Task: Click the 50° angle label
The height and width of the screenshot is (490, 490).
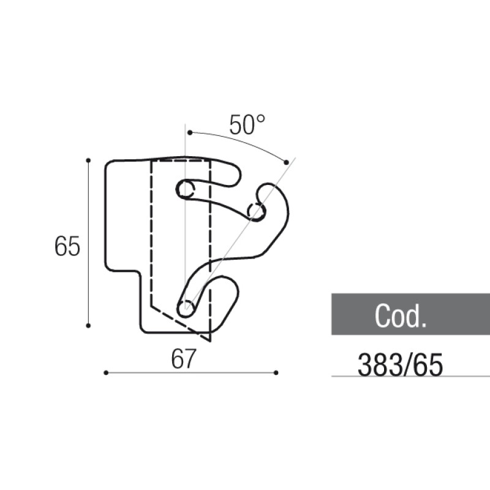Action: [247, 125]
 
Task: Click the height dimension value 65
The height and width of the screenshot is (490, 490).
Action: [67, 247]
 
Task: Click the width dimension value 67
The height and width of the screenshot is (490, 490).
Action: [183, 360]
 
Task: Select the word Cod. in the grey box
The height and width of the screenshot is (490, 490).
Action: [400, 316]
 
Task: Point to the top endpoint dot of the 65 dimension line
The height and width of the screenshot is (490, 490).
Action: [88, 160]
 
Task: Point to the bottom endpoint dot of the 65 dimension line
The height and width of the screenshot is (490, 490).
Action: [88, 325]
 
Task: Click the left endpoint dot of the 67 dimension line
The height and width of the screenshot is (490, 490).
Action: [106, 372]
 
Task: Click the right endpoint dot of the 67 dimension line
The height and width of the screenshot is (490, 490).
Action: [276, 372]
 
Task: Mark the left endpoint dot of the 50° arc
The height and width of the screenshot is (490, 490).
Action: [189, 132]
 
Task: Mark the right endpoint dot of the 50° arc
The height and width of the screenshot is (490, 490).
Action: [287, 161]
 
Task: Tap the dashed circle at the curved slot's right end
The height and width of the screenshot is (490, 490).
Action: [256, 212]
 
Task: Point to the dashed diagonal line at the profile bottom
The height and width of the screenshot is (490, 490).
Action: [181, 322]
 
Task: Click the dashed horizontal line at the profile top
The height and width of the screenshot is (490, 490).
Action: [181, 161]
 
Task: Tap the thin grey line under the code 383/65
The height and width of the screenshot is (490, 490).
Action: [410, 376]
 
